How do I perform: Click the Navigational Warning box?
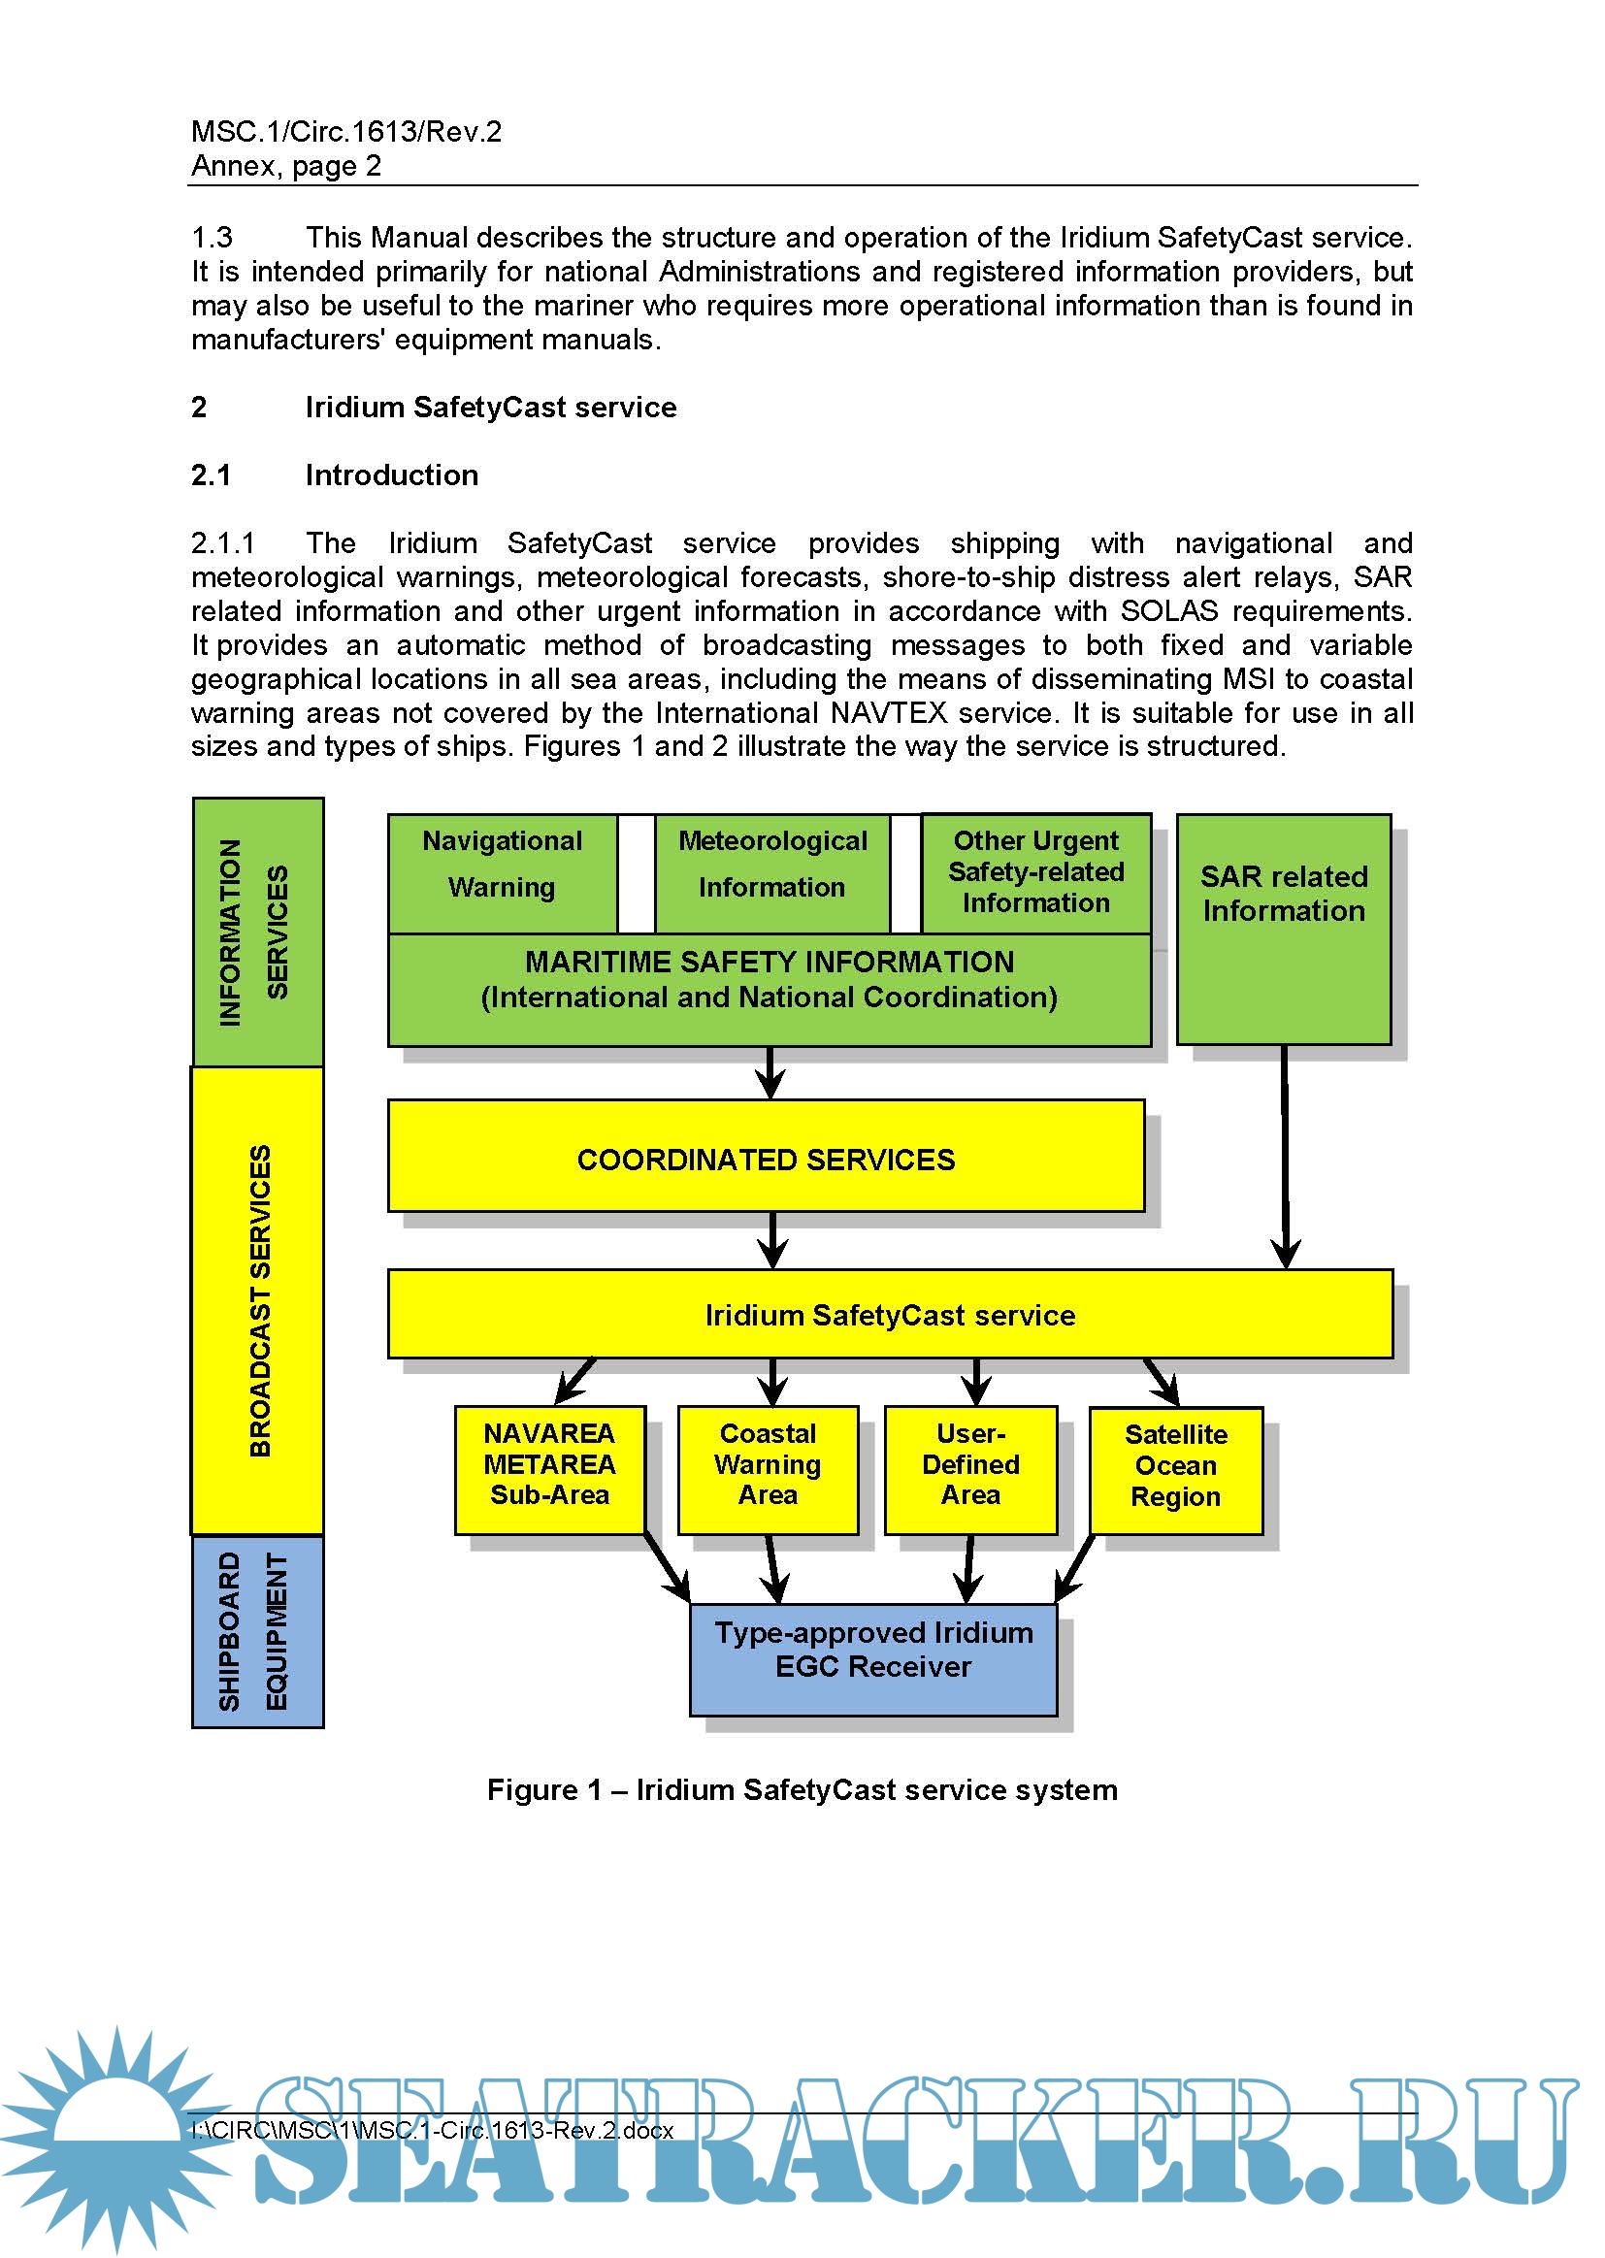(x=502, y=872)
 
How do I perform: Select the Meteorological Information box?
(x=771, y=872)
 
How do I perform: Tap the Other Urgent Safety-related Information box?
(x=1035, y=872)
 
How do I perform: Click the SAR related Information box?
(x=1284, y=929)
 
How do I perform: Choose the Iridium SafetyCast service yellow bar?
(x=890, y=1314)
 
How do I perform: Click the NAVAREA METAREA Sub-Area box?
(x=549, y=1469)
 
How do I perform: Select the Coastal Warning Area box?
(x=768, y=1469)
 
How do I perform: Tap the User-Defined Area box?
(x=970, y=1469)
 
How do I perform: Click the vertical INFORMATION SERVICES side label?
(x=257, y=932)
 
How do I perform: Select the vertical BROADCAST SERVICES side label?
(x=257, y=1299)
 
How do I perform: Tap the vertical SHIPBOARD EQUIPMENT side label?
(x=257, y=1630)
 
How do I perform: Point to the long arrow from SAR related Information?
(x=1285, y=1157)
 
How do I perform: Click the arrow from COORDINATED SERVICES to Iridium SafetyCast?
(x=772, y=1240)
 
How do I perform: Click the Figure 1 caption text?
(x=802, y=1789)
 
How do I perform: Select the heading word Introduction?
(x=391, y=475)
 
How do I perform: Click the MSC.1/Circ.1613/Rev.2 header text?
(x=345, y=131)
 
